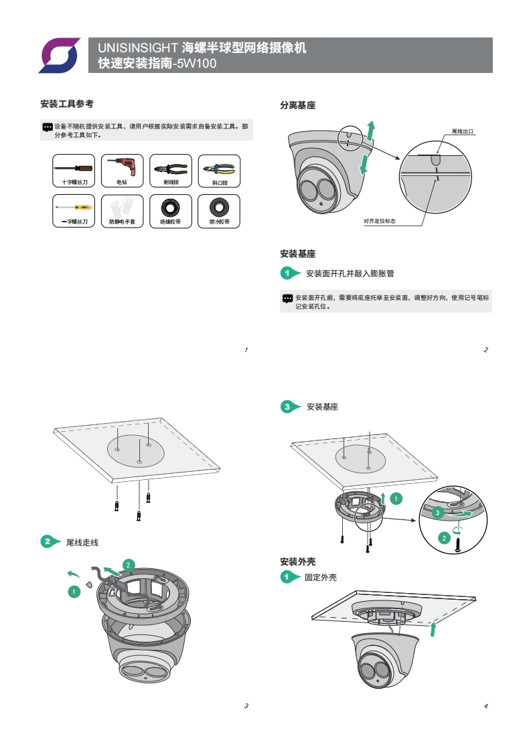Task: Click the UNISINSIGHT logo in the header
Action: (59, 55)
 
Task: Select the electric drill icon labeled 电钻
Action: (122, 170)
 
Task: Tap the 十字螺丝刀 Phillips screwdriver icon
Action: (74, 170)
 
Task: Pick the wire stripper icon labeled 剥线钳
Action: (171, 170)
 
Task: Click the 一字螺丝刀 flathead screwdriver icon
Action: (74, 211)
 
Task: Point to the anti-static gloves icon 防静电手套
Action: (122, 211)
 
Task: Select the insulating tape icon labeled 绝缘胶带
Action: (171, 211)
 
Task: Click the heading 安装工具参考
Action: (66, 104)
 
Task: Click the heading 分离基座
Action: (297, 105)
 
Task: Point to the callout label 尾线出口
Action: (463, 132)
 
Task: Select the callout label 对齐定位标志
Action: (379, 220)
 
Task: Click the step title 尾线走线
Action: (82, 541)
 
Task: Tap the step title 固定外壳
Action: (320, 577)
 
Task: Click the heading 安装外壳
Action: (297, 561)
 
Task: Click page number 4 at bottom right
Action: (485, 706)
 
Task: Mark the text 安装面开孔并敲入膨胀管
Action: (350, 273)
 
